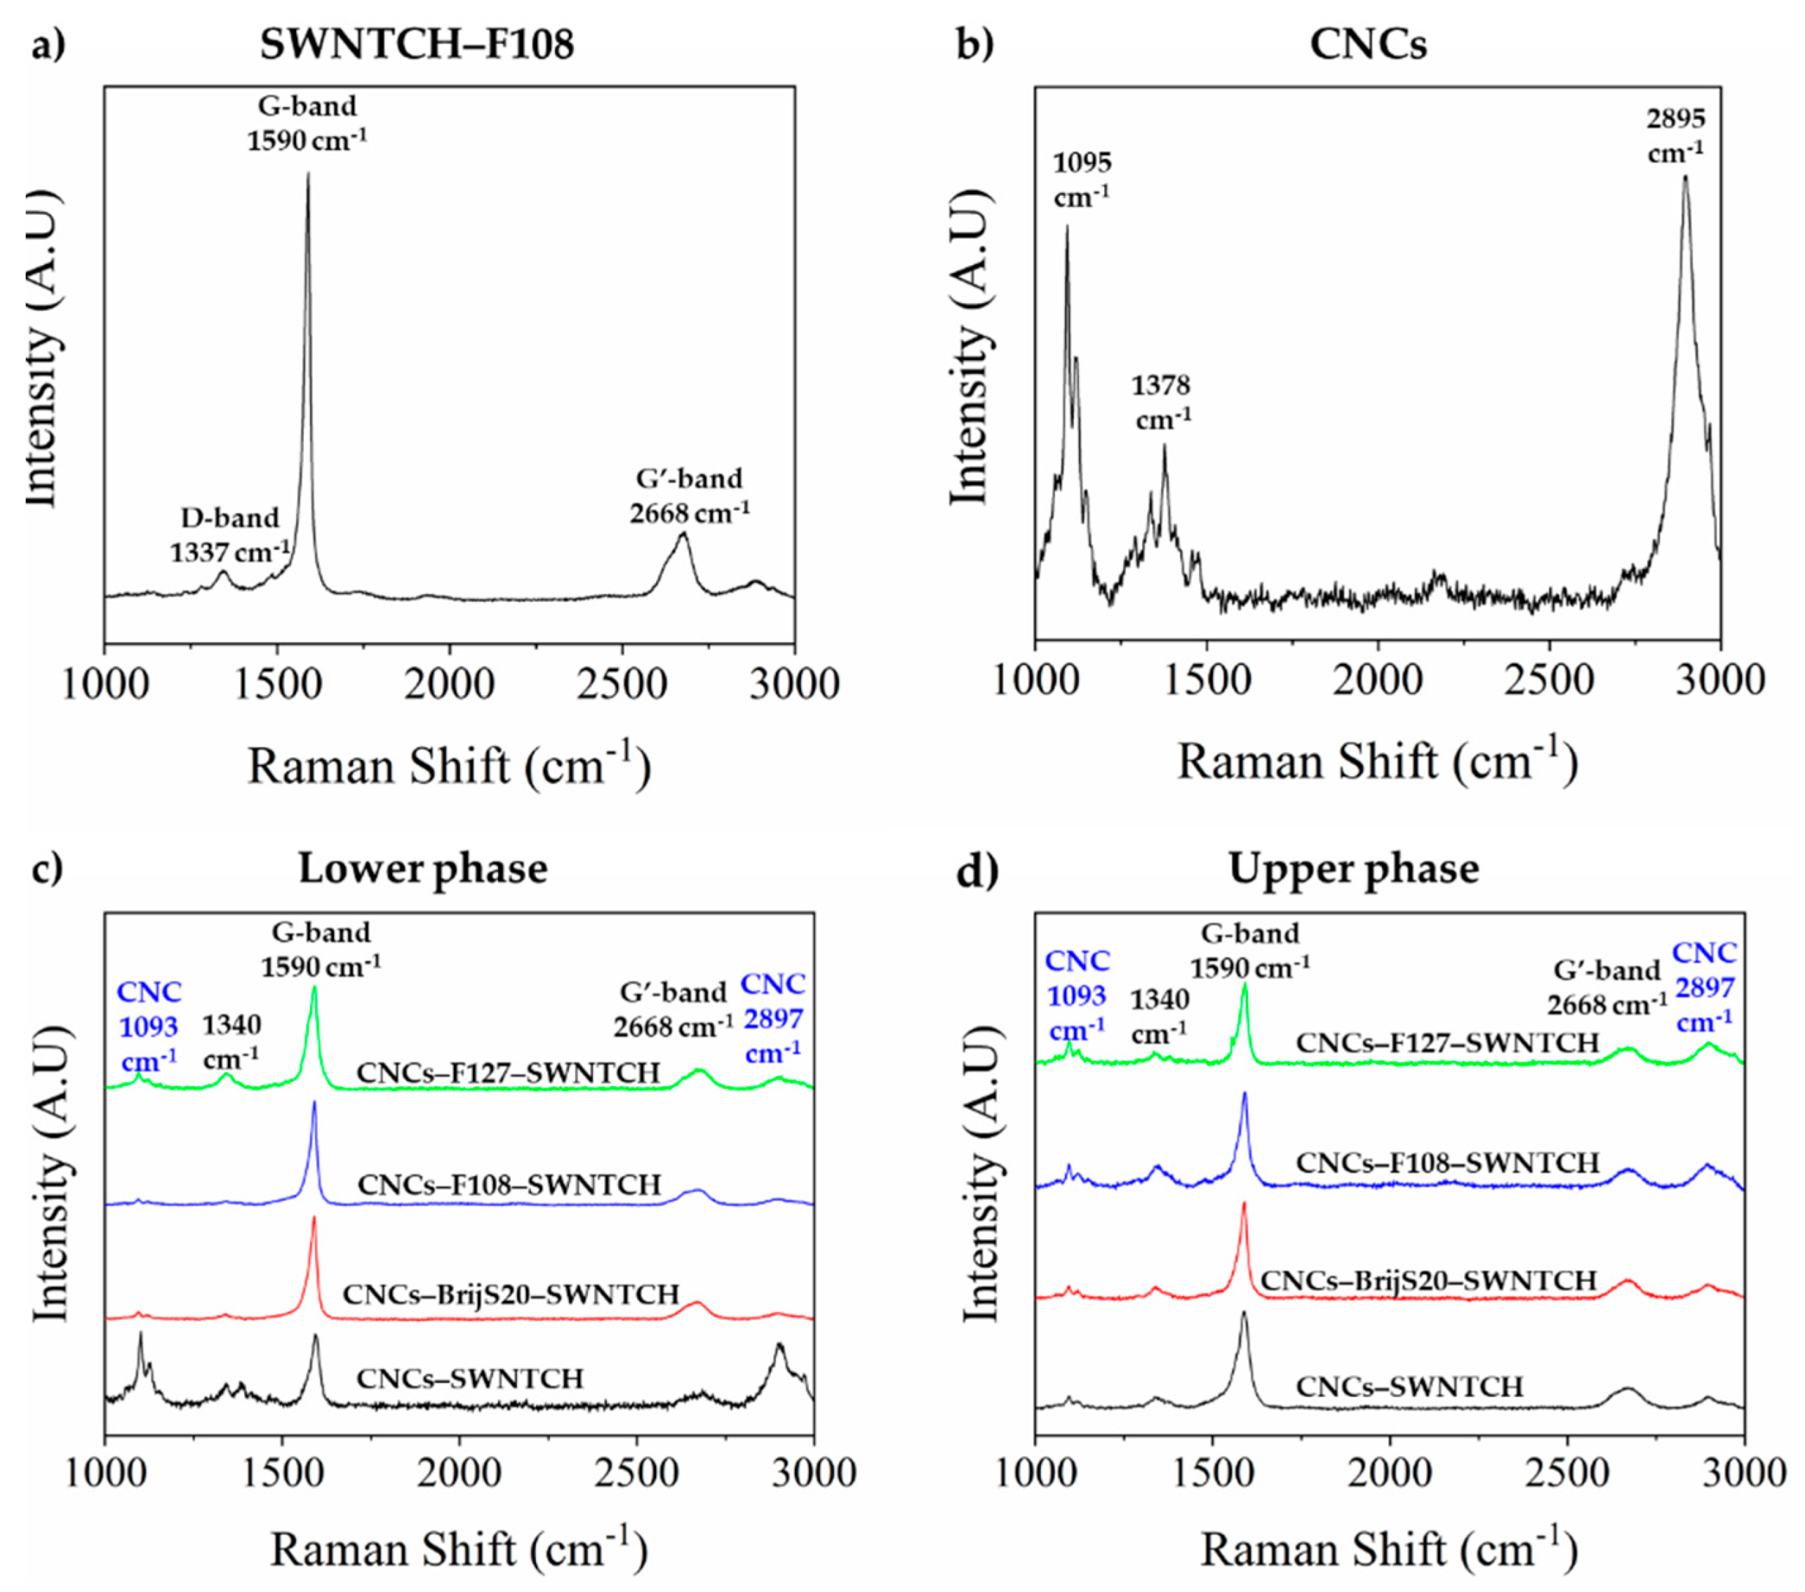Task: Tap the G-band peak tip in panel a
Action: [307, 174]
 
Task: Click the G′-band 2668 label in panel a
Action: [690, 495]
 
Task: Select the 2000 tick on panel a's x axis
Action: [450, 684]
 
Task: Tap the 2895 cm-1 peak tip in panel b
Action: [1685, 177]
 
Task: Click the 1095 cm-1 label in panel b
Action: [1082, 179]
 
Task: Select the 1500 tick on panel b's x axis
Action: [1207, 681]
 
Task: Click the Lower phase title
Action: [423, 869]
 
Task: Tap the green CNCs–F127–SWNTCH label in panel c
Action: [509, 1073]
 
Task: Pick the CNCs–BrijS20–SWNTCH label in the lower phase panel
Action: [511, 1295]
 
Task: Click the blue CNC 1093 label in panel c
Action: [149, 1026]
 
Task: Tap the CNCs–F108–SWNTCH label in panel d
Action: [1447, 1163]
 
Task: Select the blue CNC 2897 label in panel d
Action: [1704, 987]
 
